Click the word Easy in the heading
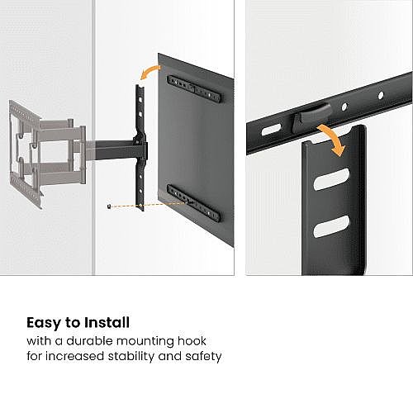(x=44, y=323)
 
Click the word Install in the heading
(x=107, y=322)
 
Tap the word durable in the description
(x=90, y=341)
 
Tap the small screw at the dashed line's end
(x=109, y=206)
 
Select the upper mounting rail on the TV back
(x=194, y=88)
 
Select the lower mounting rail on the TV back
(x=194, y=203)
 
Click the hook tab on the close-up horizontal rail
(x=311, y=116)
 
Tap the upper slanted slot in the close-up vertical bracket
(x=331, y=179)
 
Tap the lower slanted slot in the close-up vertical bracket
(x=331, y=226)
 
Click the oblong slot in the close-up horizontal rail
(x=271, y=130)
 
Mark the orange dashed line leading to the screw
(x=149, y=205)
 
